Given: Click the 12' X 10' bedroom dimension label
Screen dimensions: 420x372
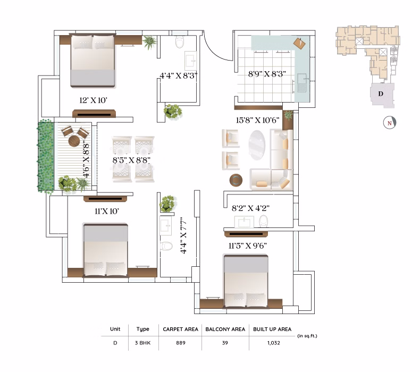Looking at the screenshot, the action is pos(93,100).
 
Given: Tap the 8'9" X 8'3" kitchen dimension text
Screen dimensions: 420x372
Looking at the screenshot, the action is pos(267,74).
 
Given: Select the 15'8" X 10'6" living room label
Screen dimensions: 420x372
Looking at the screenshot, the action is pos(258,120).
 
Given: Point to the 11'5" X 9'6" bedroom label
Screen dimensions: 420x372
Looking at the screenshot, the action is pos(248,246).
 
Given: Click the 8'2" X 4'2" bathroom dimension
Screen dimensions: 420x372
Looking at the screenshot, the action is pos(250,208).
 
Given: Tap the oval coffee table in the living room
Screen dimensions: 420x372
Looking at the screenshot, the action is pos(257,145).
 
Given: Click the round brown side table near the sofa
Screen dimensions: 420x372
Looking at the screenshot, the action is pos(236,180).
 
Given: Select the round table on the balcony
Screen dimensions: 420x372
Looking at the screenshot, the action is pos(74,141).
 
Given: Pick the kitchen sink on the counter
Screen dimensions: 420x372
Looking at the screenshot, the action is pos(303,83).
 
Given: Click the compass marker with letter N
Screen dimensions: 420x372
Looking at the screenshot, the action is pos(390,123).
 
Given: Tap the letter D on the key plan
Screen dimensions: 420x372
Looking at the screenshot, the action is pos(381,94).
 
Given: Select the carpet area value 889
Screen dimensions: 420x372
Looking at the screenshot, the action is pos(181,343).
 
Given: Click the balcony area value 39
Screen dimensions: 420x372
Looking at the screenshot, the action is pos(225,343).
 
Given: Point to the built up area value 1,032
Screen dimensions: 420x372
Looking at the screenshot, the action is pos(273,343).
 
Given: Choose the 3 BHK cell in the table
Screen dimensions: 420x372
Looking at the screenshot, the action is pos(143,343).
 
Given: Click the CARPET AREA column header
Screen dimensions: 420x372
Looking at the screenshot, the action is pos(181,329).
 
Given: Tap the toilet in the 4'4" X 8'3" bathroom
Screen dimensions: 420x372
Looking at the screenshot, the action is pos(180,42).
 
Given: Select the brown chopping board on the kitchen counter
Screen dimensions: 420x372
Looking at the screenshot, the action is pos(299,44).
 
